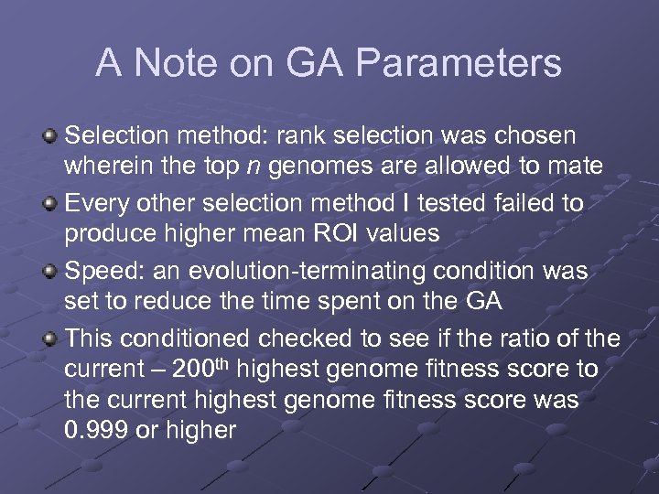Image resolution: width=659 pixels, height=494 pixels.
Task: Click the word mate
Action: coord(573,166)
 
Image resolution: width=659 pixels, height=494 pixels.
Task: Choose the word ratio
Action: coord(513,338)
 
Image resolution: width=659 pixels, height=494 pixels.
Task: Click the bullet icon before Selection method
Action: coord(50,136)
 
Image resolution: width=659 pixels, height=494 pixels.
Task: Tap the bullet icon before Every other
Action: coord(50,203)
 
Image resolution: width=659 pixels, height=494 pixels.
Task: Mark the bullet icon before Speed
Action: coord(50,271)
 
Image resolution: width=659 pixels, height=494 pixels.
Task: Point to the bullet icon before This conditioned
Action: coord(50,338)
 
